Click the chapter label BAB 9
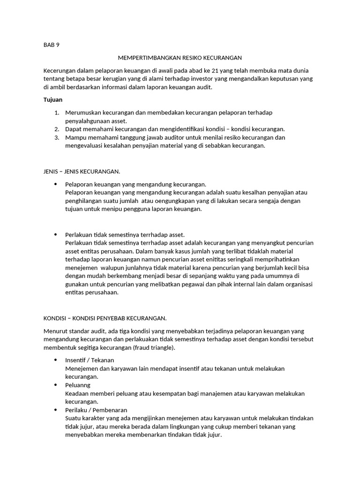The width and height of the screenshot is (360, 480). (x=51, y=45)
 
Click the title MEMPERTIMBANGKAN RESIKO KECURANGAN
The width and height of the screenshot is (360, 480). (x=179, y=58)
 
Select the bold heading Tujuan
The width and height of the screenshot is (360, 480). (x=52, y=100)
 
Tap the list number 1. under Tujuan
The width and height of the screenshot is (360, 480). (x=57, y=113)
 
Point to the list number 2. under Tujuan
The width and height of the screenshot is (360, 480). (x=57, y=129)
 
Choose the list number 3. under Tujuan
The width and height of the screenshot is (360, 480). (x=57, y=137)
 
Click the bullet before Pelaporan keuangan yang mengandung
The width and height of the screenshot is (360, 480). (x=56, y=184)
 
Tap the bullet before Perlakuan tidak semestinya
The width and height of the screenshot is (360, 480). (x=56, y=234)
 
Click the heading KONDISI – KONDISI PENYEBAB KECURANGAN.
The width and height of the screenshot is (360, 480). (x=105, y=318)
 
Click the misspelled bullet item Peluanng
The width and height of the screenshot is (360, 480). (x=78, y=385)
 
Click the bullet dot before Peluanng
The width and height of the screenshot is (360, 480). (x=56, y=385)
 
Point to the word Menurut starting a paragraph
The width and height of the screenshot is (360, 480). (x=54, y=331)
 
